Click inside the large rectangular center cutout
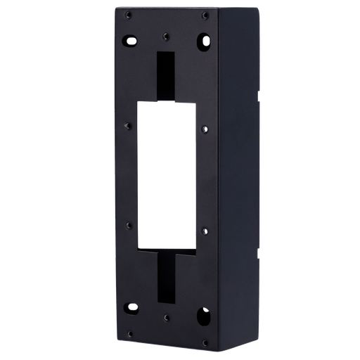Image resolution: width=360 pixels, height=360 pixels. (166, 176)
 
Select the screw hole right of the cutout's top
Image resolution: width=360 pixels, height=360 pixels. (204, 129)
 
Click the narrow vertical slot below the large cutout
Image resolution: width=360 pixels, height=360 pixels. (167, 276)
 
